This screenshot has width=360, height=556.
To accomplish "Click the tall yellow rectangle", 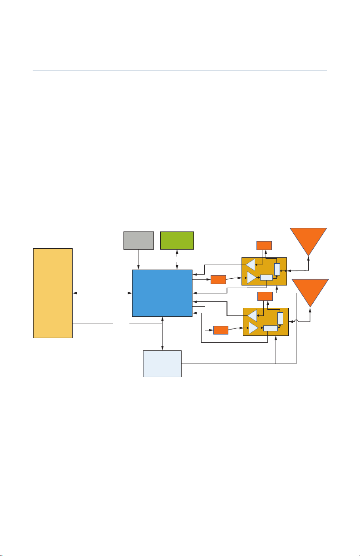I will click(53, 293).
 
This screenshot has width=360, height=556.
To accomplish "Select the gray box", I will click(138, 240).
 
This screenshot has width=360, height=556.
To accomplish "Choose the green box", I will click(177, 240).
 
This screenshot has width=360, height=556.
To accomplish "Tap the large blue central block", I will click(162, 293).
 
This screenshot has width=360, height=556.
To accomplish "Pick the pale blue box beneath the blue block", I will click(162, 363).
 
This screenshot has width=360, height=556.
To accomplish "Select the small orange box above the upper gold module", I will click(264, 245).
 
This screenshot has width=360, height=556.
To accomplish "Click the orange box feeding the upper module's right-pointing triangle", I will click(218, 279).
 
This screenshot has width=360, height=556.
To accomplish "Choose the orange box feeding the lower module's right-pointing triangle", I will click(221, 330).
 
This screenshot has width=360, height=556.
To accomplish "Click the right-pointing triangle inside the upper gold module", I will click(252, 277).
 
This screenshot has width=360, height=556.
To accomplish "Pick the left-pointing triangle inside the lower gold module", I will click(252, 315).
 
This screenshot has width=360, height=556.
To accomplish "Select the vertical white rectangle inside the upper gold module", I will click(277, 269).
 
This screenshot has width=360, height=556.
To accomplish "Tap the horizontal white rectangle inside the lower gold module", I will click(270, 328).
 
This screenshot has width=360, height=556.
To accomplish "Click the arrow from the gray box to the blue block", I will click(138, 259).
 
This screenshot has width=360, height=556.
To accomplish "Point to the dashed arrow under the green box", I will click(177, 259).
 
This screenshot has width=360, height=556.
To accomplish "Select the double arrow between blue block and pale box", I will click(162, 334).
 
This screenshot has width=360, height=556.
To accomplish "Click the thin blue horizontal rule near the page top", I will click(180, 70).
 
